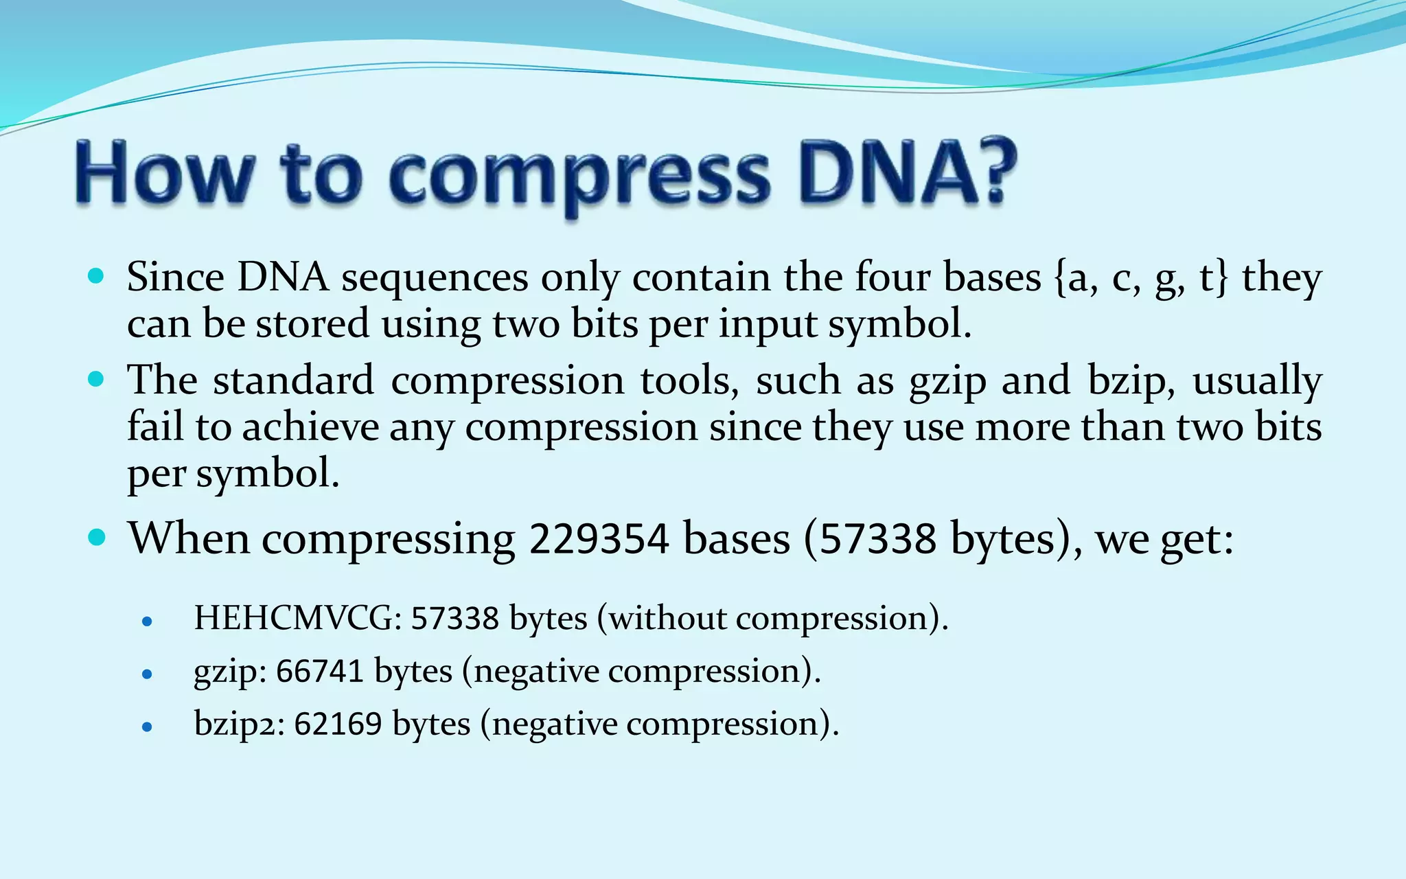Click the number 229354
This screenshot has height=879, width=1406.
tap(599, 538)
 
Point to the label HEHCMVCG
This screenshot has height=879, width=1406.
tap(293, 618)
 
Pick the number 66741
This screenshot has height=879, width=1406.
tap(319, 671)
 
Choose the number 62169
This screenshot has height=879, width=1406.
tap(338, 724)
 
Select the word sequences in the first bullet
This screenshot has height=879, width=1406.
tap(435, 278)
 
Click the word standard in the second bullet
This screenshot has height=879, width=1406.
tap(293, 380)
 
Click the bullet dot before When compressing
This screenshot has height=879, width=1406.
tap(97, 537)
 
